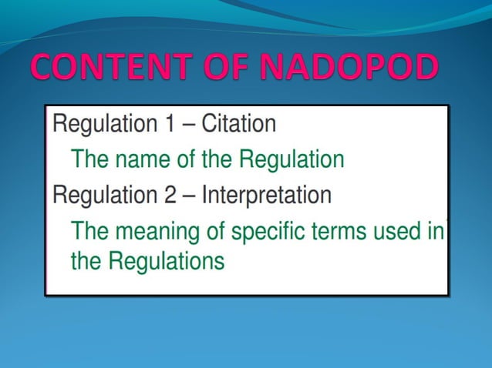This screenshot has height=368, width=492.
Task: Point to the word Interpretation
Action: [266, 195]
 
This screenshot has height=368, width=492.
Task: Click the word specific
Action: [266, 230]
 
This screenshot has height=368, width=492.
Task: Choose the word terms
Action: [342, 230]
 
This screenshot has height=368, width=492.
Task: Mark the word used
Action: [398, 230]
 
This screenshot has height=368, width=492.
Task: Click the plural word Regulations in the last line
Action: [167, 261]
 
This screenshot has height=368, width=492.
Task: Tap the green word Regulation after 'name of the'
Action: [291, 159]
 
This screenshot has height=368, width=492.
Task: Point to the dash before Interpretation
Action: [187, 195]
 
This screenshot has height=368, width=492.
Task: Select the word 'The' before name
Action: [89, 159]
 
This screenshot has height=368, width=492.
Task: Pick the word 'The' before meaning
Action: [89, 230]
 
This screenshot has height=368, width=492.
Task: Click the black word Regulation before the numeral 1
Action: [103, 123]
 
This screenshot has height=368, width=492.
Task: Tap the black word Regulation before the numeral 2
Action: [103, 195]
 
